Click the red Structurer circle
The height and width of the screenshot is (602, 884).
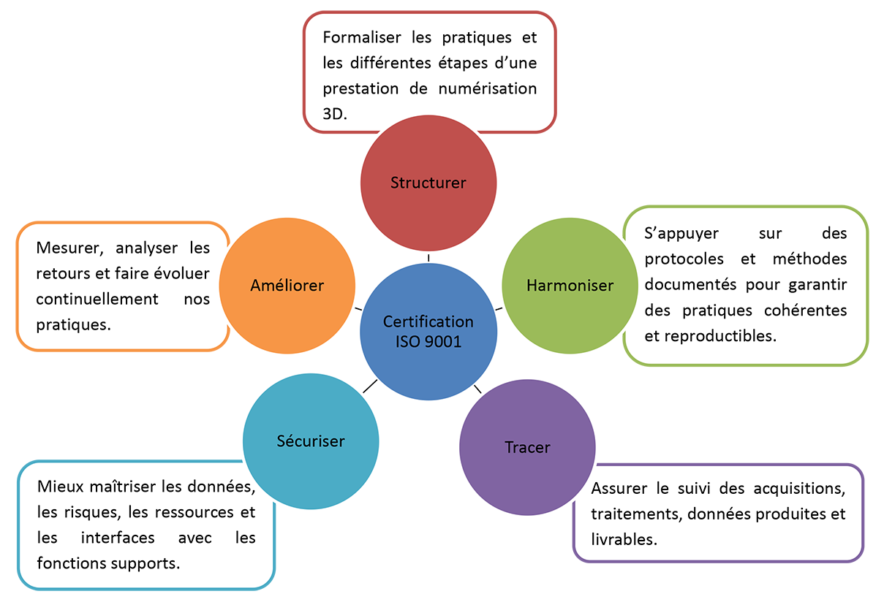pyautogui.click(x=428, y=183)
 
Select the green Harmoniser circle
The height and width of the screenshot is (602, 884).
pyautogui.click(x=570, y=286)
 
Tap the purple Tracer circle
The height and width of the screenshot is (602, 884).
pyautogui.click(x=528, y=447)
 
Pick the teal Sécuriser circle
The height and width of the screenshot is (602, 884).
pyautogui.click(x=311, y=441)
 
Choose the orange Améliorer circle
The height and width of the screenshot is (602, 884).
pyautogui.click(x=287, y=286)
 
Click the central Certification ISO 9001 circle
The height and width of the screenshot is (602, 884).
pyautogui.click(x=428, y=332)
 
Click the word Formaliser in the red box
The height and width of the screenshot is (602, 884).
pyautogui.click(x=362, y=37)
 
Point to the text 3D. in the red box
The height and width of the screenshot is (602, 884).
pyautogui.click(x=335, y=114)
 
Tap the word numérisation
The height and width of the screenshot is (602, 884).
pyautogui.click(x=488, y=88)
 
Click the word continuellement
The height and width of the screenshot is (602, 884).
pyautogui.click(x=97, y=300)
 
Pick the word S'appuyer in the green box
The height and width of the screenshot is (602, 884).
pyautogui.click(x=681, y=234)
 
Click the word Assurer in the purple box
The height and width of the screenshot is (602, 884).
pyautogui.click(x=619, y=489)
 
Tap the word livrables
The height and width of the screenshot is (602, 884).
pyautogui.click(x=624, y=540)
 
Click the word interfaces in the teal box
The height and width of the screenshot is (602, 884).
pyautogui.click(x=118, y=538)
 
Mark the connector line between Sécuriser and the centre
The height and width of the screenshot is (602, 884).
pyautogui.click(x=370, y=386)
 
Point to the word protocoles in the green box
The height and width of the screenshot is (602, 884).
pyautogui.click(x=684, y=259)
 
